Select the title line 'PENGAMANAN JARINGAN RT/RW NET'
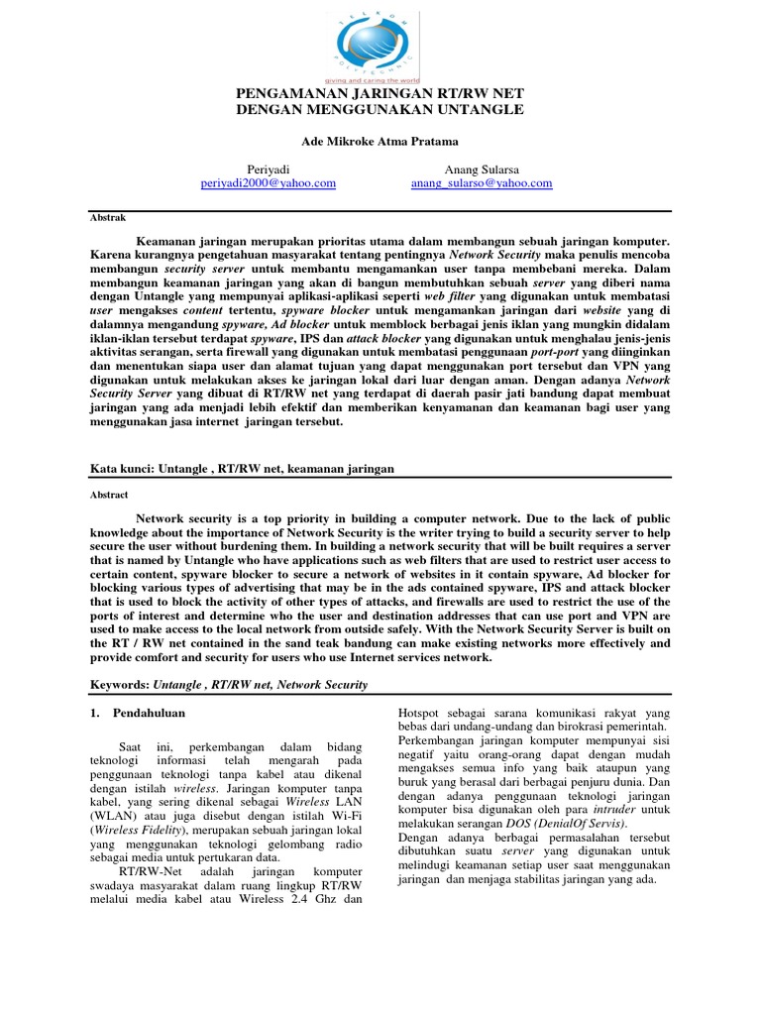(380, 94)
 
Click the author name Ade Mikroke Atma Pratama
(380, 141)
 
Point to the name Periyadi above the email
(268, 169)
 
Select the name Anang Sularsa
(481, 169)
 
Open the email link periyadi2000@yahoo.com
(268, 183)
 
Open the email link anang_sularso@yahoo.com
(482, 183)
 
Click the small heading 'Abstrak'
(95, 214)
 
